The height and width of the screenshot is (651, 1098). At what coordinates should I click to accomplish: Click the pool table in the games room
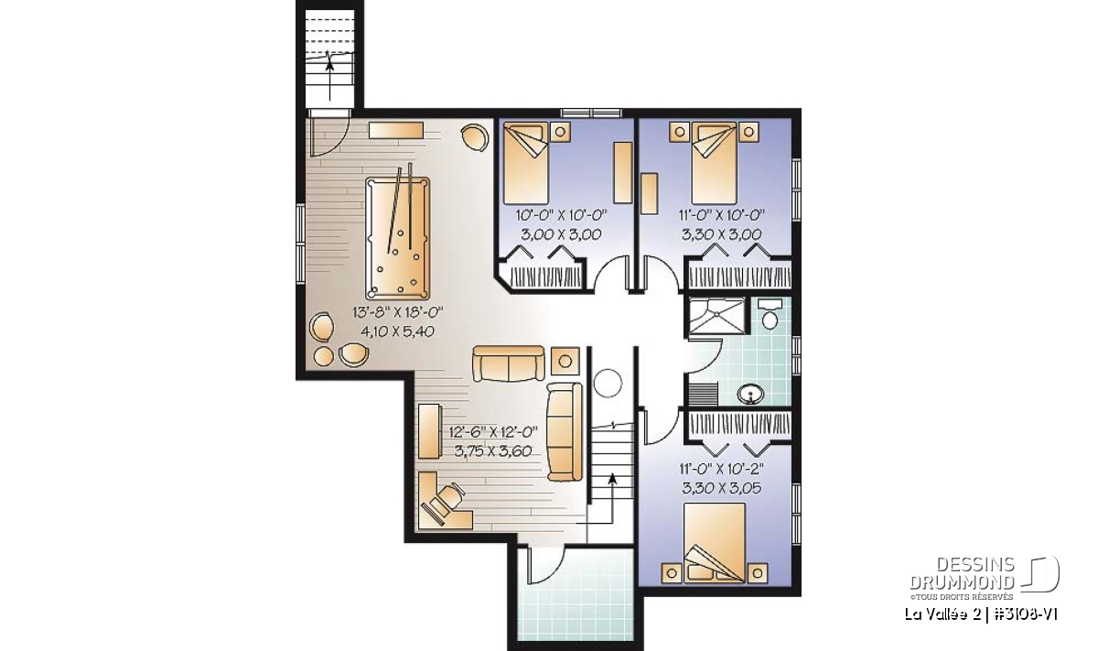coord(397,238)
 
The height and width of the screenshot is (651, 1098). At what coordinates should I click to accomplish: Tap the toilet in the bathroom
coord(770,314)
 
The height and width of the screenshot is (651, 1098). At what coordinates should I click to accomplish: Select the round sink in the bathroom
coord(750,394)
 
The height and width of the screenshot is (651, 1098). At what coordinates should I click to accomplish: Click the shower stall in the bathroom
coord(717,316)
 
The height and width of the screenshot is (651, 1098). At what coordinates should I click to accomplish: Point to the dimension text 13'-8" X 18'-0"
coord(397,312)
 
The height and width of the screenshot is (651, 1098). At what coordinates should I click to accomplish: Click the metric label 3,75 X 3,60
coord(493,450)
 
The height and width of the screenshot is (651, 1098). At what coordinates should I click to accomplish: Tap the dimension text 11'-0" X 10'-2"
coord(722,469)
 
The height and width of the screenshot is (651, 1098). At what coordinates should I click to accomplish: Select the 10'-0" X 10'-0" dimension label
coord(561,215)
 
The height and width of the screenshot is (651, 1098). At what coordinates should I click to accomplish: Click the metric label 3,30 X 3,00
coord(722,234)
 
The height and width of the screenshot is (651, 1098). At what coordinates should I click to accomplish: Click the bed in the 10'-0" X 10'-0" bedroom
coord(525,163)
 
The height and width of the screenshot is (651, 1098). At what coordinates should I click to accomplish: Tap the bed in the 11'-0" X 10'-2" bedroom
coord(715,543)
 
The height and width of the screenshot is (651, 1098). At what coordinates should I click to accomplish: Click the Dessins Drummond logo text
coord(963,573)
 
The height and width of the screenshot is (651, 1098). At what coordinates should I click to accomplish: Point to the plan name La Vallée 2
coord(935,614)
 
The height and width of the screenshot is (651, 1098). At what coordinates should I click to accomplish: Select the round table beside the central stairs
coord(608,383)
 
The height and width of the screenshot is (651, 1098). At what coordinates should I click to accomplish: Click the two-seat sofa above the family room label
coord(509,363)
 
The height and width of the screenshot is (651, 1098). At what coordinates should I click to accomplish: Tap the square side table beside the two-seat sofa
coord(565,362)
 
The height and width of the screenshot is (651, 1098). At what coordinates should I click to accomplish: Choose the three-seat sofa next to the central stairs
coord(565,432)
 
